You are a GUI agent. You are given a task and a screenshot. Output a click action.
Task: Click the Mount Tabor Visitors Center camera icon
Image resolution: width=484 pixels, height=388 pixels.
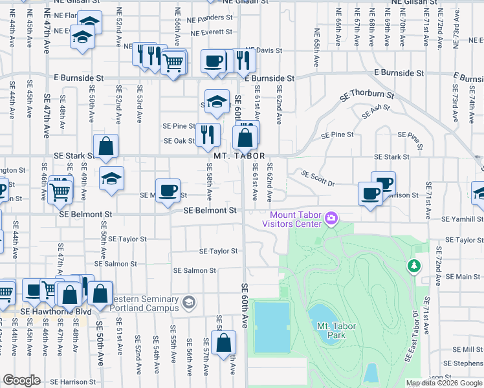point(331,218)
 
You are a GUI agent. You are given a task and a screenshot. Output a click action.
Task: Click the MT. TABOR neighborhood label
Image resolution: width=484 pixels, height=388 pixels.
point(239,156)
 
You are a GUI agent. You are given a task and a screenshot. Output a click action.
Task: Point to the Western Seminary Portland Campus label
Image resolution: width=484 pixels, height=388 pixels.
point(145,303)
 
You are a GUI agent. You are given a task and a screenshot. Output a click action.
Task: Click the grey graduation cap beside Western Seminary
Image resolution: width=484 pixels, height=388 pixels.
point(189,302)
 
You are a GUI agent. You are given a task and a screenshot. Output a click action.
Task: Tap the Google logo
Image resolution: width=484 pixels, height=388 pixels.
point(22,380)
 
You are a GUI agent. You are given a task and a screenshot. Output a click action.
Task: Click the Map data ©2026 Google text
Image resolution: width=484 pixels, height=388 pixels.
point(444,383)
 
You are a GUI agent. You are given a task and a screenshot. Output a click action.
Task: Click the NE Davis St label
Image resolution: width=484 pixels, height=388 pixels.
point(265,50)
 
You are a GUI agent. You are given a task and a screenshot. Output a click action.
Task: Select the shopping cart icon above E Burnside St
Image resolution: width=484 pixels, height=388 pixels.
point(173,63)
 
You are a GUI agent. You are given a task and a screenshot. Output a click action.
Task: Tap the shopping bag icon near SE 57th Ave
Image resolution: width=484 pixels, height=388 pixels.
point(223,344)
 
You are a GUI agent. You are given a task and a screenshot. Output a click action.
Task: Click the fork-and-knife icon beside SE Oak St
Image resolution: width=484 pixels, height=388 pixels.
point(207,135)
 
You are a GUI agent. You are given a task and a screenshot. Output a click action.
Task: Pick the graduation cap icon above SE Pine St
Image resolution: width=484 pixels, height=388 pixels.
point(217,102)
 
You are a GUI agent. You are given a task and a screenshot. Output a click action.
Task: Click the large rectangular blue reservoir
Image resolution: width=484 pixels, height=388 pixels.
point(271,327)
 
